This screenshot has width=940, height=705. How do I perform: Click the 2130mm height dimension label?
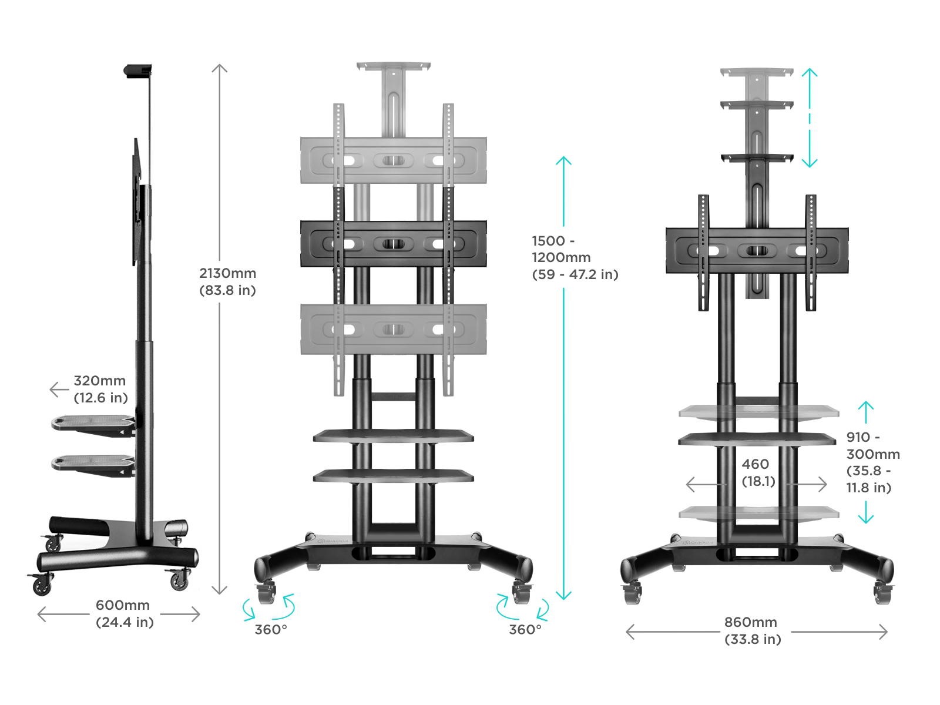[x=227, y=281]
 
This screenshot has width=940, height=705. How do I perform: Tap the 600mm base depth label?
[x=124, y=613]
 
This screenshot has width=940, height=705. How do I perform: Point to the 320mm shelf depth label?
[x=100, y=389]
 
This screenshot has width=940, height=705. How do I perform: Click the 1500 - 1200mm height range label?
[x=575, y=257]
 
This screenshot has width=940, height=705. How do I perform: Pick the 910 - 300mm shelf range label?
[x=872, y=462]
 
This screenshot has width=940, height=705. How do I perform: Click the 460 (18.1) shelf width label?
[x=758, y=472]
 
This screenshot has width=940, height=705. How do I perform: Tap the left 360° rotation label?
[x=270, y=630]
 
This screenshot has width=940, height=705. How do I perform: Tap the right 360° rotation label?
[x=525, y=630]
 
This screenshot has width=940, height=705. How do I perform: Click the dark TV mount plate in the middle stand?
[x=393, y=244]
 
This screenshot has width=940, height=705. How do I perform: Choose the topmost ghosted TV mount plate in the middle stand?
[x=393, y=160]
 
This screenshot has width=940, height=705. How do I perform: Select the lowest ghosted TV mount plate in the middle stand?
[x=393, y=329]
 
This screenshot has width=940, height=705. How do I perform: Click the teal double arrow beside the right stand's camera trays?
[x=810, y=117]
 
